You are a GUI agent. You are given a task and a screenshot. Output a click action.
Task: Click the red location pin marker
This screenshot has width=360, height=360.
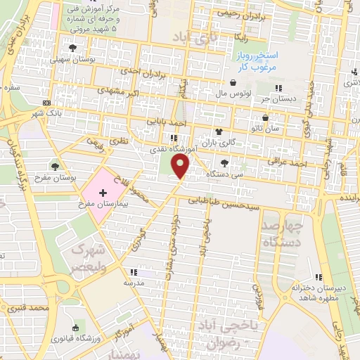(x=181, y=167)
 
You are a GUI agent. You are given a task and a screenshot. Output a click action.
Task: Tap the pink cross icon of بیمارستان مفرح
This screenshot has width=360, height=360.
(x=103, y=192)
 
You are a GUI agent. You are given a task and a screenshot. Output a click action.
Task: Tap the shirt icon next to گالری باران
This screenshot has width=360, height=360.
(x=219, y=131)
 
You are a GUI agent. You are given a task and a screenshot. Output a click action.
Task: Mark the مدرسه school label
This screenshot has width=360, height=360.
(x=134, y=282)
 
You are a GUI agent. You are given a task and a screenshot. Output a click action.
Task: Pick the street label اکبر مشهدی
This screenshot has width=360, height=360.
(x=110, y=91)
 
